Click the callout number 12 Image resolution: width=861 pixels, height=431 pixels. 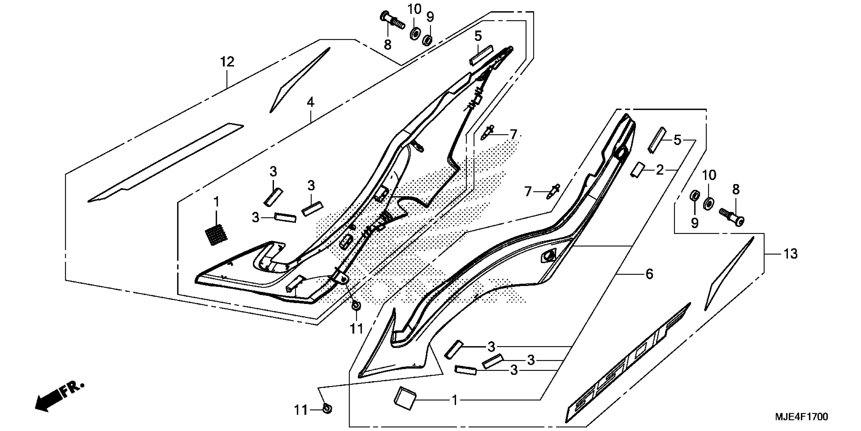227,62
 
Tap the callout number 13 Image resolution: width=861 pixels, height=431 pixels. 791,254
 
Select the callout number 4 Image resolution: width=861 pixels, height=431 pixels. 310,102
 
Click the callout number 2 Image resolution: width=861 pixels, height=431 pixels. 659,170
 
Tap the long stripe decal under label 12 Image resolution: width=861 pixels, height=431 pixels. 165,163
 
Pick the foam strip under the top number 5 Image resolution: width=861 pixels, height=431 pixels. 481,55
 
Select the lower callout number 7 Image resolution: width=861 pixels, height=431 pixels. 528,192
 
